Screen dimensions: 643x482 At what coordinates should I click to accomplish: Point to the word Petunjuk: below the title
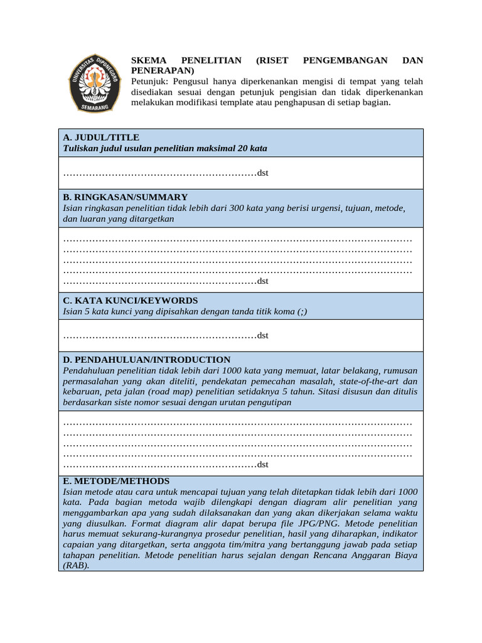150,82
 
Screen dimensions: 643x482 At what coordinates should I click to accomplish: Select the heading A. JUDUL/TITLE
101,138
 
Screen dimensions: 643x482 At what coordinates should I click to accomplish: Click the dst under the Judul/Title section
262,173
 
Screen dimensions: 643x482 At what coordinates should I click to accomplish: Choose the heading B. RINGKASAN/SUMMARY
125,197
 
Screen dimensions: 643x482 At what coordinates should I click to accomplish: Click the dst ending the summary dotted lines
262,281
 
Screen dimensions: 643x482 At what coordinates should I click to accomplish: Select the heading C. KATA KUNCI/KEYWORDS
131,301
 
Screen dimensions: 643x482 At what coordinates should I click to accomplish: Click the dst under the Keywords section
262,335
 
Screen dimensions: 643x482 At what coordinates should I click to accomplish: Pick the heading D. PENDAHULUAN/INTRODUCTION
147,360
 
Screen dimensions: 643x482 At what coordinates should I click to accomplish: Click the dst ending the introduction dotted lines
262,465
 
